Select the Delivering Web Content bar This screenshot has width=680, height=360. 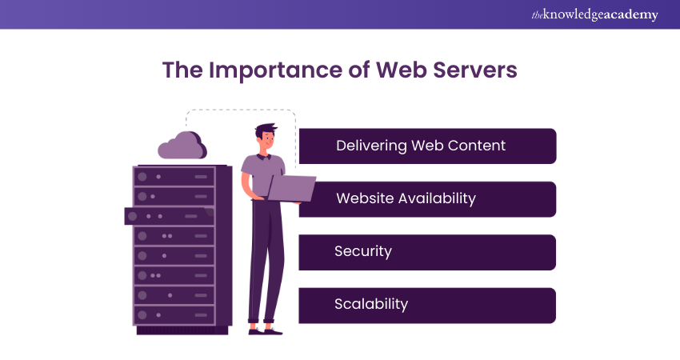[427, 146]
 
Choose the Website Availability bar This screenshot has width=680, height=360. [427, 198]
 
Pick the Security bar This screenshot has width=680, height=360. [427, 251]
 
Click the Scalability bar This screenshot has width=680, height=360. [427, 305]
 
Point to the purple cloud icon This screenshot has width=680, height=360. [183, 146]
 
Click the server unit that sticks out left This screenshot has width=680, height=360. [168, 216]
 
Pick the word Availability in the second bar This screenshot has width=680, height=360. [438, 198]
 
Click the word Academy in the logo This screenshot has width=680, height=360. [634, 14]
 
